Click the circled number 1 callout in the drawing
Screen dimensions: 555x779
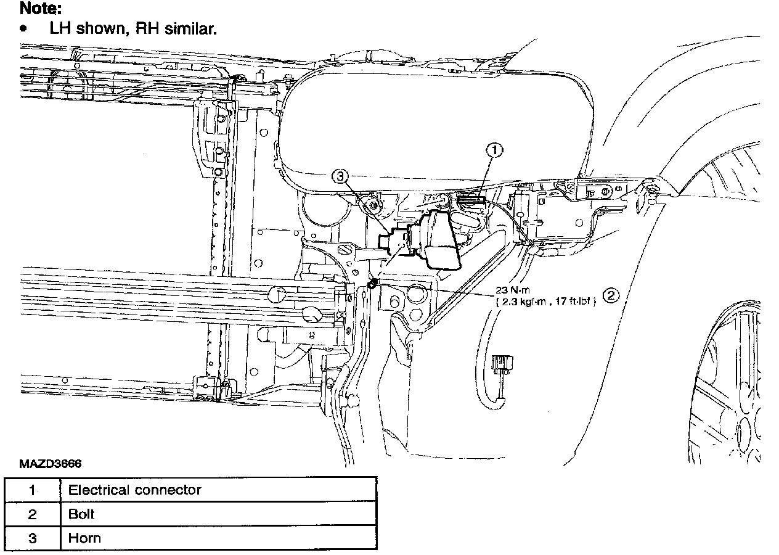(495, 149)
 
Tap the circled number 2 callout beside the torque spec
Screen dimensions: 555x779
(610, 295)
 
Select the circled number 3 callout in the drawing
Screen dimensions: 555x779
(340, 177)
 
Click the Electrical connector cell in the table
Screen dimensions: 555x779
(135, 490)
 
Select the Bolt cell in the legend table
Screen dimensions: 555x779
(82, 514)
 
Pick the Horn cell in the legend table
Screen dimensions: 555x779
(84, 537)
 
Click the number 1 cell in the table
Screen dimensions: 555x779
(32, 490)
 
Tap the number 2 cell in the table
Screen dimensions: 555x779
(32, 514)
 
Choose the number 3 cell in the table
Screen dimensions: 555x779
(32, 537)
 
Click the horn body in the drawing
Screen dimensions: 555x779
(439, 240)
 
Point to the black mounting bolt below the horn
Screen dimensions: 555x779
(372, 284)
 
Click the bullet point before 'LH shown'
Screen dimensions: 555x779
(23, 29)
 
